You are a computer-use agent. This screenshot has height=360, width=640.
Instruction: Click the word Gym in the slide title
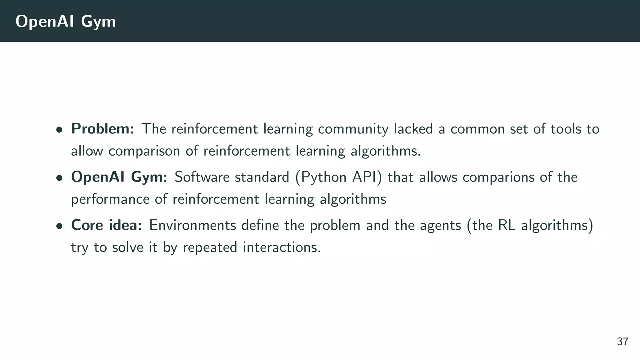(x=98, y=22)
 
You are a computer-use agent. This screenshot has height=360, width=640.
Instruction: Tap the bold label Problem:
(x=102, y=129)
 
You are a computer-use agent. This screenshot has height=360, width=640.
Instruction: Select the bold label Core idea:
(x=107, y=225)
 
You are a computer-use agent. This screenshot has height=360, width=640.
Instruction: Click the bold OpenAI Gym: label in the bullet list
(x=119, y=177)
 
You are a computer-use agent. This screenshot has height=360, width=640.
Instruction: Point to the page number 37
(x=622, y=342)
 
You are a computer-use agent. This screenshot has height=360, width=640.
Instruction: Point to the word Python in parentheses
(x=323, y=177)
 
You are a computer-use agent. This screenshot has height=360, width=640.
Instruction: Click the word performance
(x=110, y=199)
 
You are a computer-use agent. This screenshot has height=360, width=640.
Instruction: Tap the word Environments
(x=192, y=225)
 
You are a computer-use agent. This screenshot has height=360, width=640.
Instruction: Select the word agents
(x=440, y=226)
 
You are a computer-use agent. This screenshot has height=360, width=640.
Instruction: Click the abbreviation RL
(x=507, y=225)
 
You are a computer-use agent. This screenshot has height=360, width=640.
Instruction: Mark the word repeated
(x=210, y=247)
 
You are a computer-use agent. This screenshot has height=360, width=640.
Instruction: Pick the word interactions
(x=282, y=247)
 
